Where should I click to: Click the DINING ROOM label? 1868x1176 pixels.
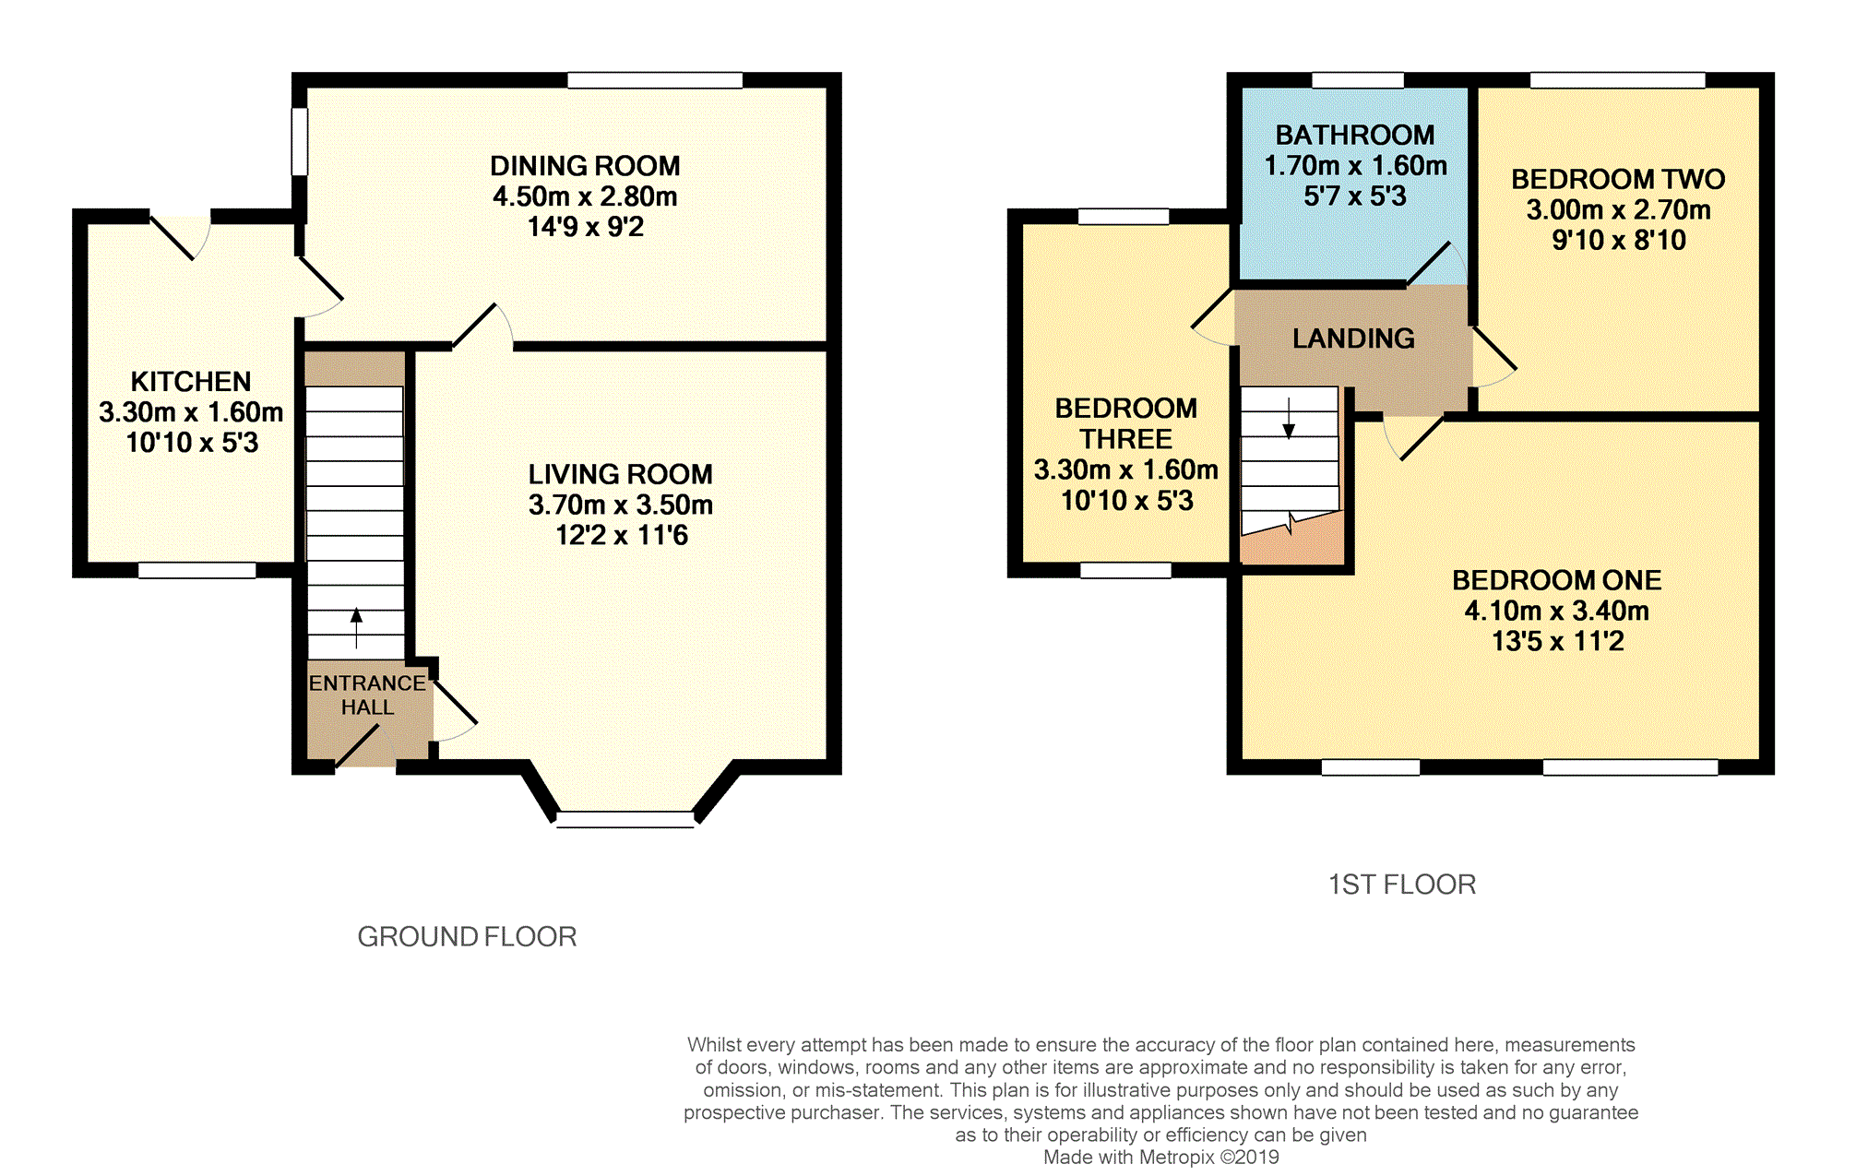[x=585, y=166]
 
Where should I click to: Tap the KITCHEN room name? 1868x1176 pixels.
[x=191, y=382]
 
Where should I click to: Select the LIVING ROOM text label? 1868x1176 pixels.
[x=621, y=474]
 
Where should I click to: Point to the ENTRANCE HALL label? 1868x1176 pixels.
[x=367, y=695]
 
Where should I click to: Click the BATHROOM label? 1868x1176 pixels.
[x=1355, y=136]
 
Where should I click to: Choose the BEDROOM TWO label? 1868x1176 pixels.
[x=1618, y=179]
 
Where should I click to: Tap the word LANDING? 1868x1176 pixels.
[x=1353, y=339]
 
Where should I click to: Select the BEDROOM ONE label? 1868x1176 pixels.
[x=1557, y=580]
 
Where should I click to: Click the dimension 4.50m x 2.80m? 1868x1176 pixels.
[x=585, y=196]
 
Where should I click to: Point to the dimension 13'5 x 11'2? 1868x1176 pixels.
[x=1558, y=641]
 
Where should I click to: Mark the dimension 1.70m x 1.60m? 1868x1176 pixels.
[x=1355, y=166]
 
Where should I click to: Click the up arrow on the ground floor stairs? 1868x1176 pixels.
[x=356, y=628]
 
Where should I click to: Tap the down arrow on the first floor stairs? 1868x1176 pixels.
[x=1289, y=418]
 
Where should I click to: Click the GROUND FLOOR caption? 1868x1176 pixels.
[x=467, y=937]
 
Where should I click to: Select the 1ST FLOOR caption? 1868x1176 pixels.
[x=1402, y=885]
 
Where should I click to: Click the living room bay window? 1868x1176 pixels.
[x=625, y=819]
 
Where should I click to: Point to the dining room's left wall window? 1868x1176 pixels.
[x=299, y=142]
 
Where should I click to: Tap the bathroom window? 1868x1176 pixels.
[x=1358, y=80]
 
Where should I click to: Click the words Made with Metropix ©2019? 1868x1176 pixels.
[x=1160, y=1158]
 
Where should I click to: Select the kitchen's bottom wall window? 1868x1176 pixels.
[x=196, y=571]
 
